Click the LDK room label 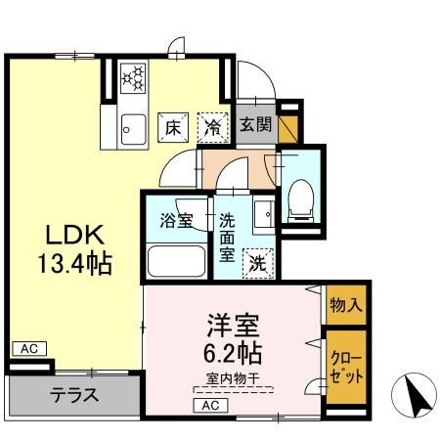point(75,235)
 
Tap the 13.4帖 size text point(75,263)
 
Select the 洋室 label point(234,325)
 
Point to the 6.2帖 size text point(233,352)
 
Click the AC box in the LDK point(29,349)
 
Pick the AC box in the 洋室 point(210,406)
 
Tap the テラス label point(74,395)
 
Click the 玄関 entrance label point(256,124)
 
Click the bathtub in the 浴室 point(176,262)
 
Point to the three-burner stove point(133,78)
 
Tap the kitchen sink point(133,129)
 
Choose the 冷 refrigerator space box point(213,127)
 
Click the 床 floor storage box point(173,127)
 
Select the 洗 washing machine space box point(258,263)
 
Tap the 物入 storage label point(346,305)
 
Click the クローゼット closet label point(346,368)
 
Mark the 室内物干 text point(233,378)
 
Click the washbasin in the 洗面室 point(264,214)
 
